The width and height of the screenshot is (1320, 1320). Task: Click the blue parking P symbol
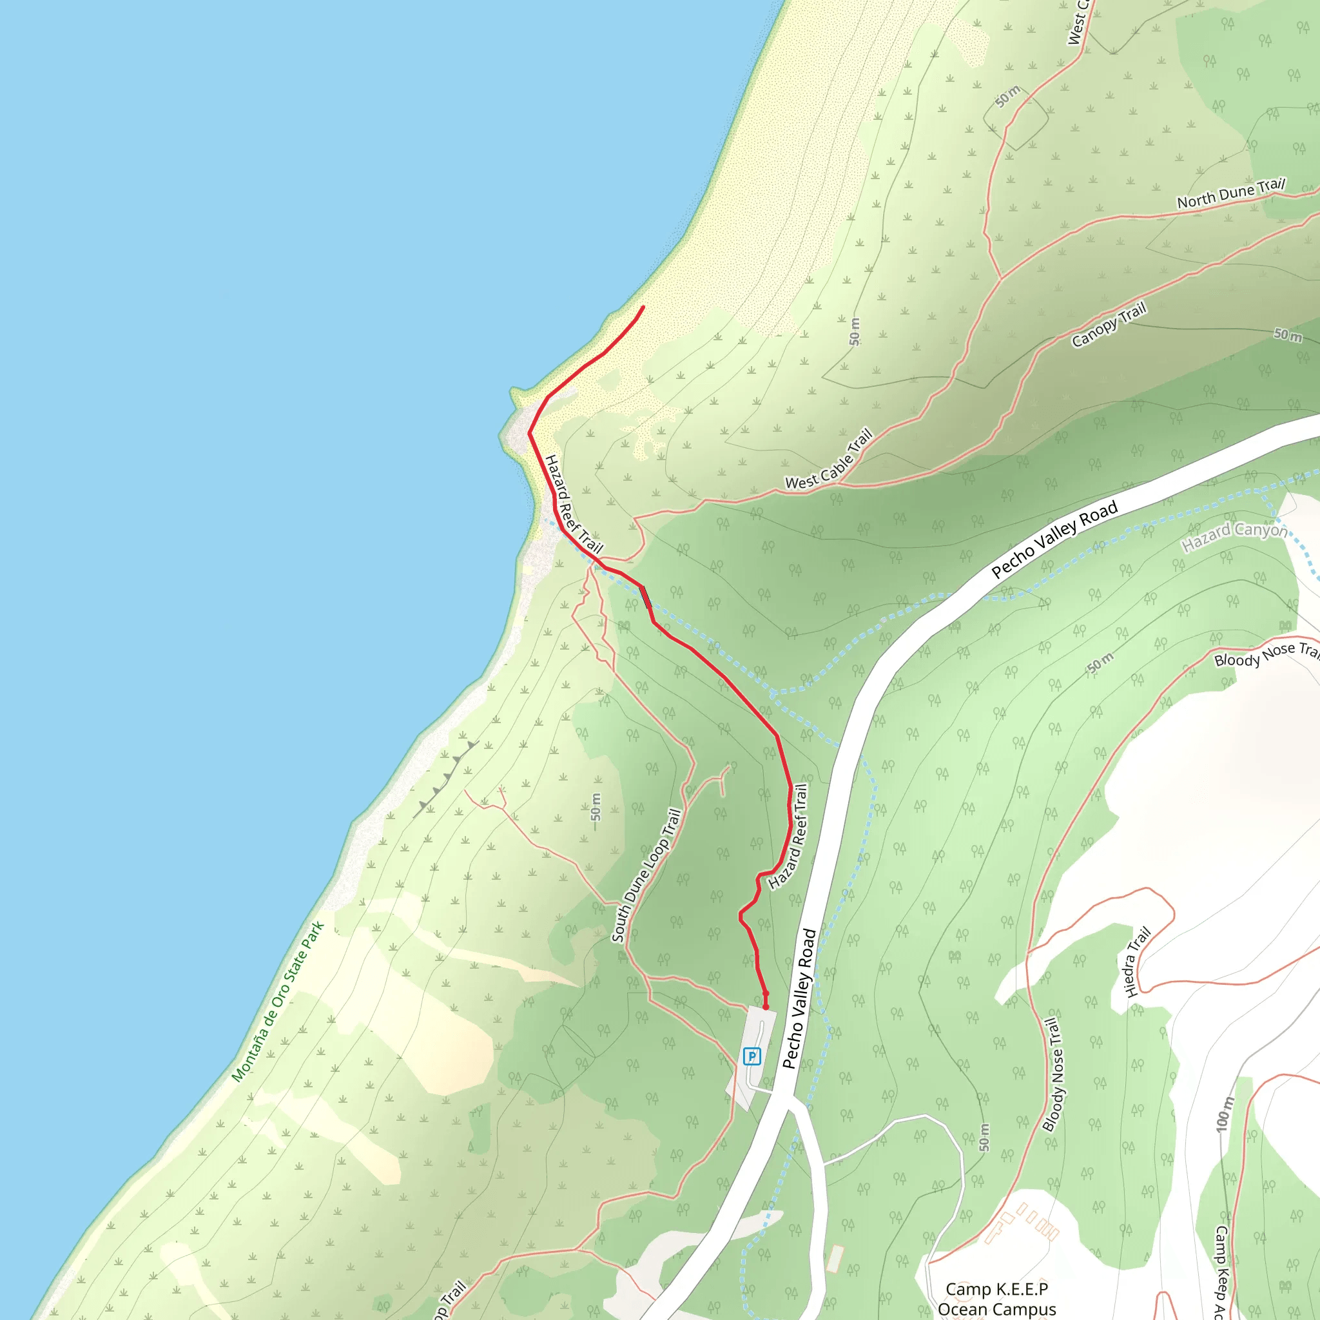tap(752, 1057)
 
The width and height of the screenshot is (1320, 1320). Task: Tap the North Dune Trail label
tap(1230, 193)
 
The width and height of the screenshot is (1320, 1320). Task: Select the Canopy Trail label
tap(1108, 325)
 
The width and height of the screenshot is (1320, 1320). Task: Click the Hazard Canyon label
tap(1234, 537)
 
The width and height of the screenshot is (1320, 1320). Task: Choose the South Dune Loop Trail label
tap(646, 875)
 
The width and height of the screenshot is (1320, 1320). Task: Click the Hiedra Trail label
tap(1138, 961)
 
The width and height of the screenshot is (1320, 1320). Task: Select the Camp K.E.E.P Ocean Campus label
tap(997, 1299)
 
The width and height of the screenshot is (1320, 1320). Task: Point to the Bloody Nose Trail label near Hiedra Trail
tap(1053, 1074)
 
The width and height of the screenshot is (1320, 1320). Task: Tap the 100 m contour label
tap(1225, 1114)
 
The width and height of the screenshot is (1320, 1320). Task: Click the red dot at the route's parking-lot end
tap(765, 1006)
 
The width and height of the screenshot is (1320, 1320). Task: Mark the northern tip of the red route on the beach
tap(643, 307)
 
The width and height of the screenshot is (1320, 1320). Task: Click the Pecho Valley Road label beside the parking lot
tap(799, 998)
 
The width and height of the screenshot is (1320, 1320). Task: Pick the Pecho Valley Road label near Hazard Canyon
tap(1054, 539)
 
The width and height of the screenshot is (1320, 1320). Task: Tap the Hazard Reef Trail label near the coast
tap(573, 504)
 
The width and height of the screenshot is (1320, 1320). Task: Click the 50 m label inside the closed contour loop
tap(1007, 96)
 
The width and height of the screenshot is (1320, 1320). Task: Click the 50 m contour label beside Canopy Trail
tap(1287, 334)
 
